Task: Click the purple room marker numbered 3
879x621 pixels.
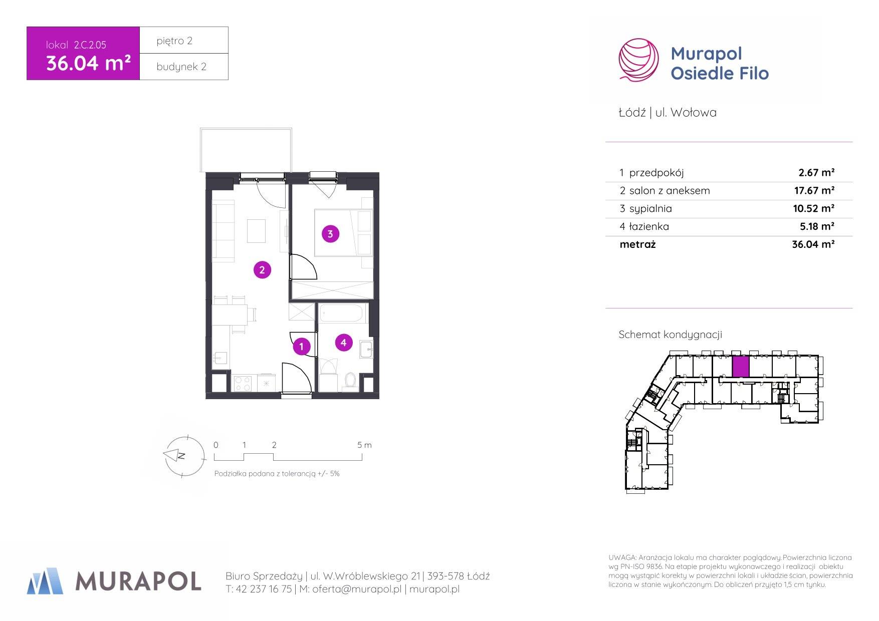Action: click(330, 233)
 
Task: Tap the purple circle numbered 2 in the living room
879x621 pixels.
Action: click(262, 270)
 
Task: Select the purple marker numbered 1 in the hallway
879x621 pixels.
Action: click(301, 346)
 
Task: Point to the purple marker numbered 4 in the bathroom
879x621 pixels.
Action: click(343, 343)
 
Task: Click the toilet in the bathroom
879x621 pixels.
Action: click(350, 380)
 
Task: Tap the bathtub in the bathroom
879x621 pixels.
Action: click(343, 314)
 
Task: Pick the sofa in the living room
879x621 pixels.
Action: click(224, 231)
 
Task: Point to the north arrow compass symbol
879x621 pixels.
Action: click(184, 456)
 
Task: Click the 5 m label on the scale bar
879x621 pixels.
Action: click(364, 445)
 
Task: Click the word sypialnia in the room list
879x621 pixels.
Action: click(650, 208)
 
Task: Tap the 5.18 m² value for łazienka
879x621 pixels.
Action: click(817, 226)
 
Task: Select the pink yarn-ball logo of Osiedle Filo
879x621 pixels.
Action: click(638, 60)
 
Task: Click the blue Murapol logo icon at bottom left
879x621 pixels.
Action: click(45, 581)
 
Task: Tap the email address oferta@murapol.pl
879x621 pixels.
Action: click(357, 589)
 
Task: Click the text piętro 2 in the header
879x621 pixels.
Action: click(174, 41)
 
